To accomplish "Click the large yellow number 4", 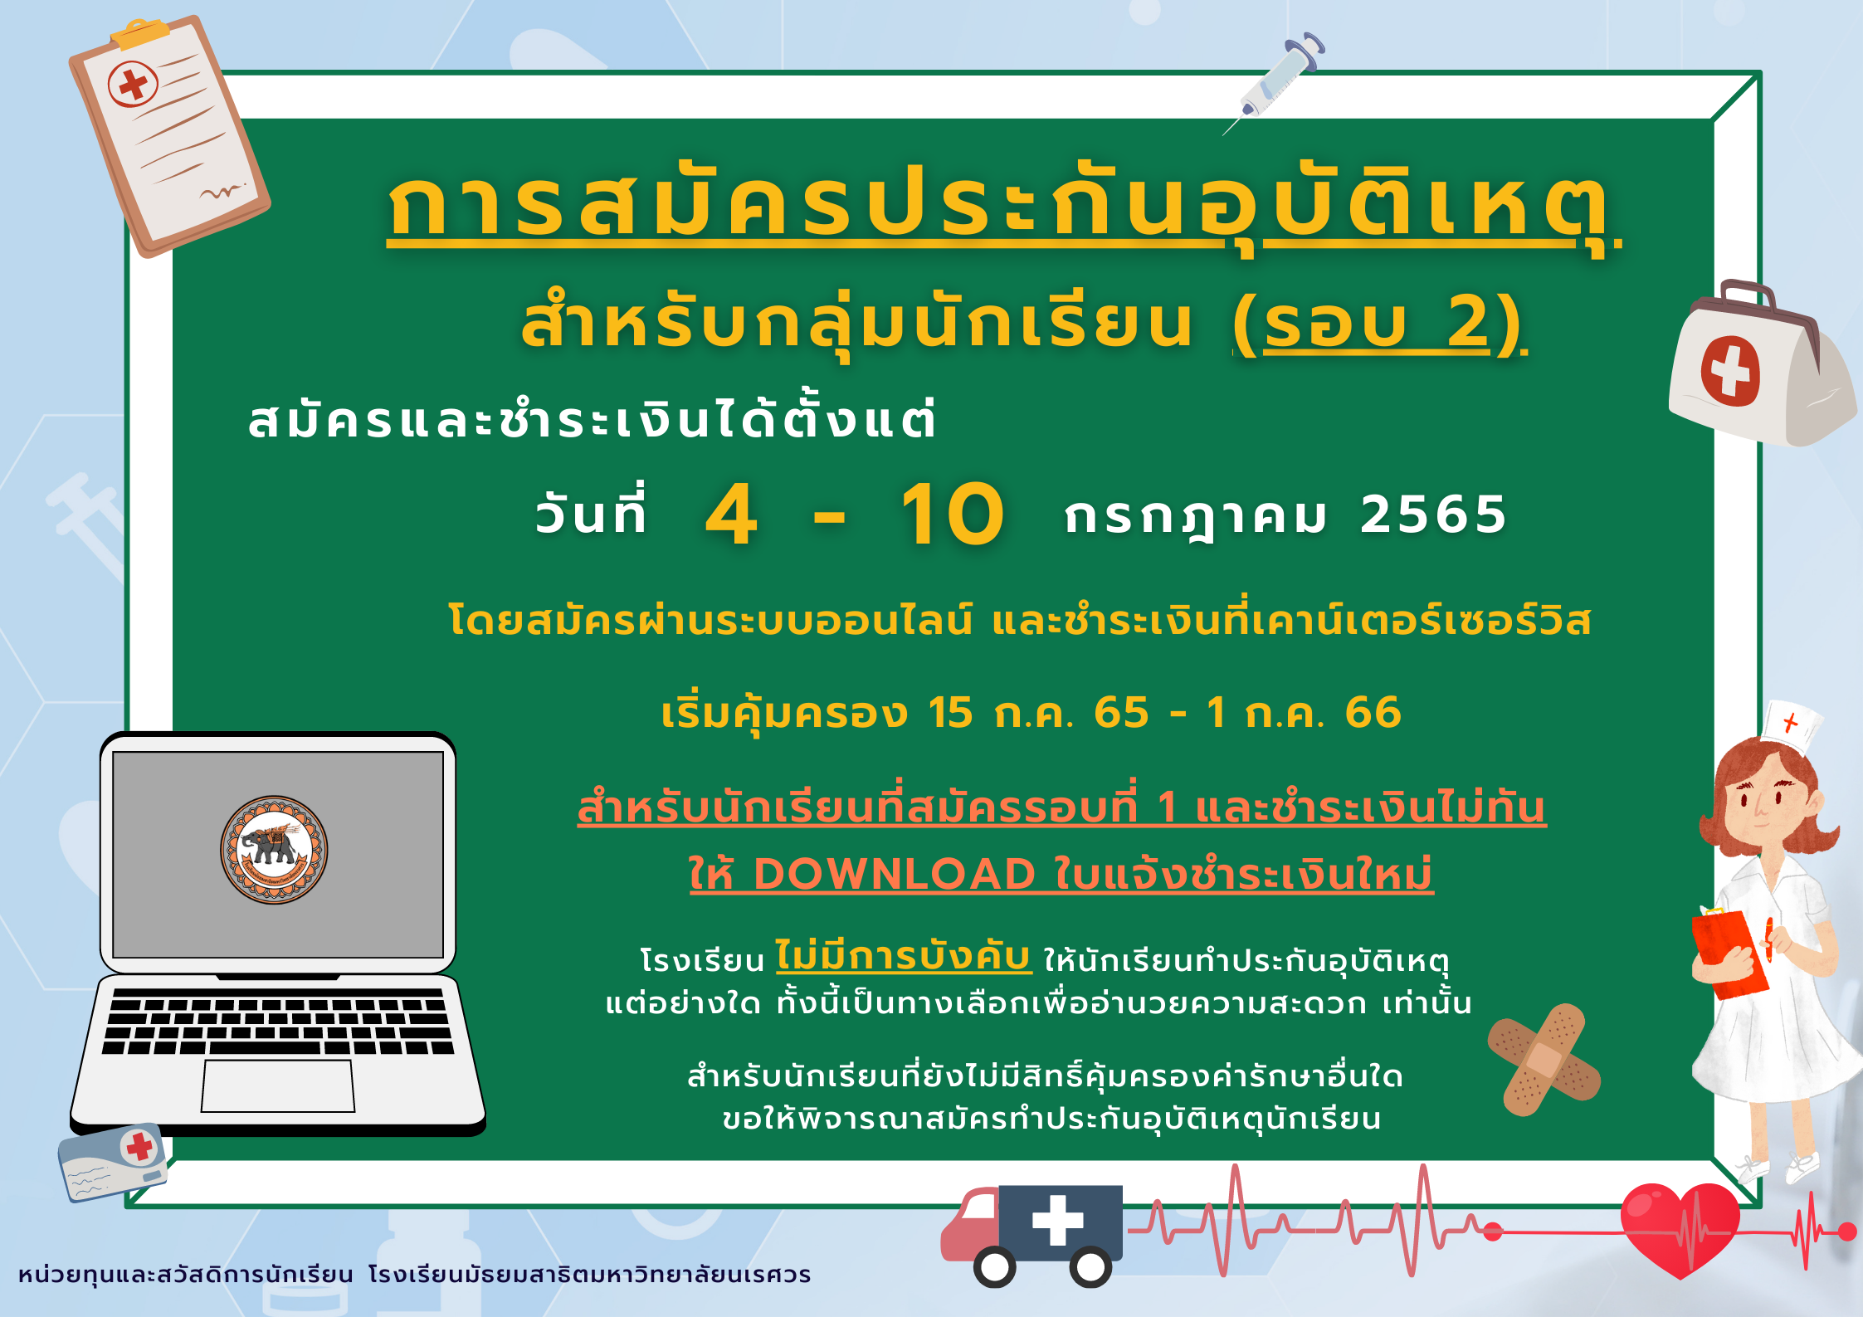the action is pyautogui.click(x=731, y=515).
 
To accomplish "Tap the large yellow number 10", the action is pyautogui.click(x=953, y=515).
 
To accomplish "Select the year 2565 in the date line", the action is pyautogui.click(x=1433, y=515).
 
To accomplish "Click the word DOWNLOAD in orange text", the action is pyautogui.click(x=895, y=874).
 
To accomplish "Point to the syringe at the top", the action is pyautogui.click(x=1275, y=82).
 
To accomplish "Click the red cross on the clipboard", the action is pyautogui.click(x=133, y=84).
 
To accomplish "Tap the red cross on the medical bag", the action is pyautogui.click(x=1730, y=371).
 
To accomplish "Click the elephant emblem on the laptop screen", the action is pyautogui.click(x=274, y=850).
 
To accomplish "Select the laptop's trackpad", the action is pyautogui.click(x=278, y=1085).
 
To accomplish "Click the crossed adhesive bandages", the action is pyautogui.click(x=1544, y=1060).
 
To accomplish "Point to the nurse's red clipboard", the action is pyautogui.click(x=1730, y=954).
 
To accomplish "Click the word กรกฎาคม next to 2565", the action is pyautogui.click(x=1195, y=516).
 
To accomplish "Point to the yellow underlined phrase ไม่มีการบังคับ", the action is pyautogui.click(x=904, y=956).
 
